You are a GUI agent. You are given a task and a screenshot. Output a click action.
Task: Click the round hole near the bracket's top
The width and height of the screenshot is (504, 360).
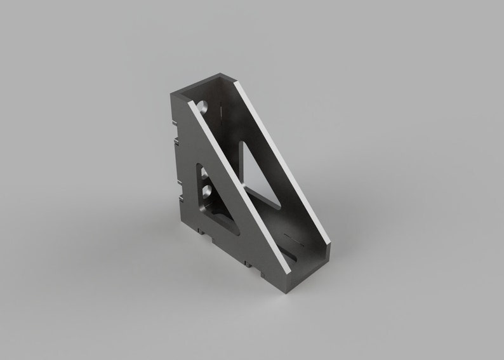[204, 106]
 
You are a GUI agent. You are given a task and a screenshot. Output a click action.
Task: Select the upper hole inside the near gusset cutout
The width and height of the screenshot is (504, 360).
[205, 172]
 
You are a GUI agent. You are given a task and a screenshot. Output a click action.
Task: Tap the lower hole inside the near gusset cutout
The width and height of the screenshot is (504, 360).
[207, 189]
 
